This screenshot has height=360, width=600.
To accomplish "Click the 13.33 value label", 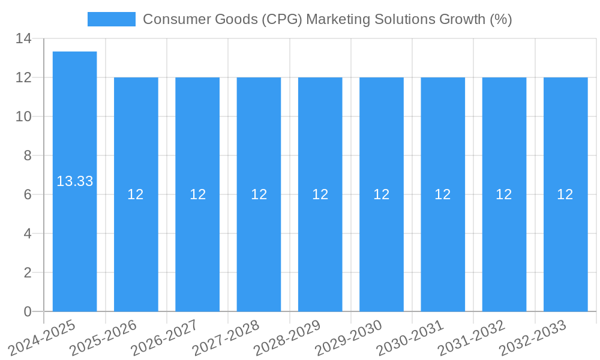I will pyautogui.click(x=74, y=181).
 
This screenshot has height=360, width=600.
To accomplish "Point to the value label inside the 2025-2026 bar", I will pyautogui.click(x=136, y=194).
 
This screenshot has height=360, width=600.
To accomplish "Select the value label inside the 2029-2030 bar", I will pyautogui.click(x=382, y=194).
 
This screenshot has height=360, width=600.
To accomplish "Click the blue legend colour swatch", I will pyautogui.click(x=112, y=19).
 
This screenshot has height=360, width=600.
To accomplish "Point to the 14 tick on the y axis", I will pyautogui.click(x=23, y=39).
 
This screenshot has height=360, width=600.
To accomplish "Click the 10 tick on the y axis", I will pyautogui.click(x=23, y=116).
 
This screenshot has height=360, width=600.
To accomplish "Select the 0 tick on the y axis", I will pyautogui.click(x=28, y=311).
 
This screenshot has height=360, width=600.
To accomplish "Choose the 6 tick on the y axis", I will pyautogui.click(x=28, y=194).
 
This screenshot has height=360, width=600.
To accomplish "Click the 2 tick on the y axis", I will pyautogui.click(x=28, y=272).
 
